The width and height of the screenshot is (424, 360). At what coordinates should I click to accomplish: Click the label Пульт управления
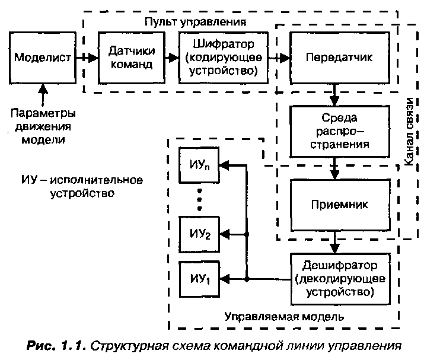[195, 22]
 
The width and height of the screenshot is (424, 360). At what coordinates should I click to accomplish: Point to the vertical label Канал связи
[409, 132]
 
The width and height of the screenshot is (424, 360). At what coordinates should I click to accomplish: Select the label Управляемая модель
[284, 317]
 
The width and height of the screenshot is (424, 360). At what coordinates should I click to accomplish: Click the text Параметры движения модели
[43, 126]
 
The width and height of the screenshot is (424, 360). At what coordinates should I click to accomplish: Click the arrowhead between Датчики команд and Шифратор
[174, 58]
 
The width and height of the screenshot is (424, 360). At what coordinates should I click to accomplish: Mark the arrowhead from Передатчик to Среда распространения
[334, 101]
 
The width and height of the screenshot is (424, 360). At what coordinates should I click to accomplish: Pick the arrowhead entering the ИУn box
[225, 165]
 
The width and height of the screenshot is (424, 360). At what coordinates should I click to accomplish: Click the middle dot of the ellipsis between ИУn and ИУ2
[200, 200]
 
